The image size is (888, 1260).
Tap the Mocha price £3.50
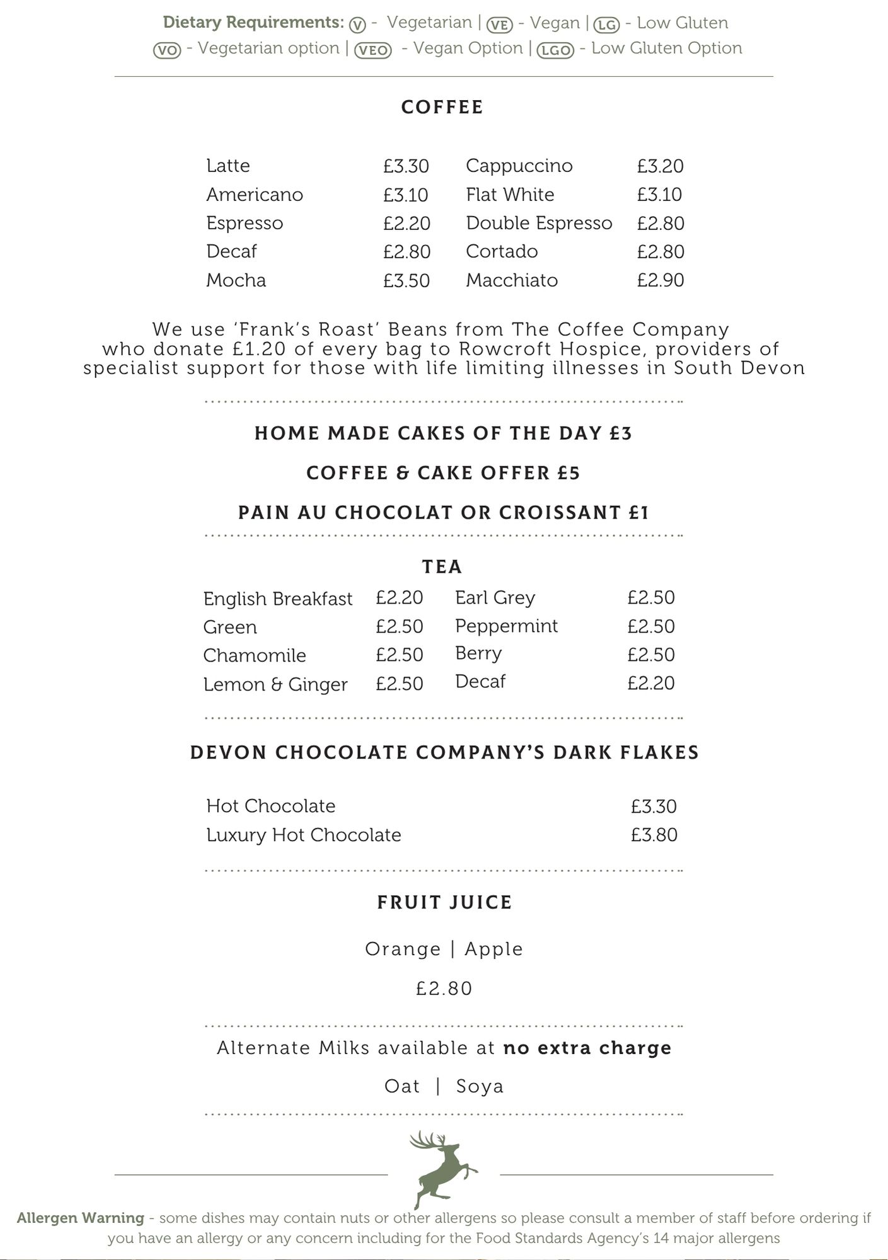[407, 280]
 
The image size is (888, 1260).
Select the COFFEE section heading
[442, 107]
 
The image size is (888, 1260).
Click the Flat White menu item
[510, 195]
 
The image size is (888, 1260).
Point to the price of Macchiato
[660, 280]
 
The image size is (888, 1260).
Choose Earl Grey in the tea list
[495, 597]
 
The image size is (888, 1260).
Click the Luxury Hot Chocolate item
[304, 835]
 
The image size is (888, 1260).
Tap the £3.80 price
[654, 835]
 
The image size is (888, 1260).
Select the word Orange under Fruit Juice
[403, 949]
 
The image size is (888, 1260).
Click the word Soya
[480, 1087]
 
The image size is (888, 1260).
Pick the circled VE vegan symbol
[500, 24]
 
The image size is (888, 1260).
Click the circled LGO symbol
[555, 50]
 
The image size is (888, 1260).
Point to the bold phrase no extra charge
[587, 1048]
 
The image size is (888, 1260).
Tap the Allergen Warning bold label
[81, 1218]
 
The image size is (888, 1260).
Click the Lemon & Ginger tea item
[275, 684]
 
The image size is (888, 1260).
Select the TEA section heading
[442, 567]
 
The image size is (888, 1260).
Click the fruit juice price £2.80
[444, 988]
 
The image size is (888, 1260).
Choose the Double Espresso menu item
[539, 223]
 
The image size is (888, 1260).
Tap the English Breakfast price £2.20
[400, 597]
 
